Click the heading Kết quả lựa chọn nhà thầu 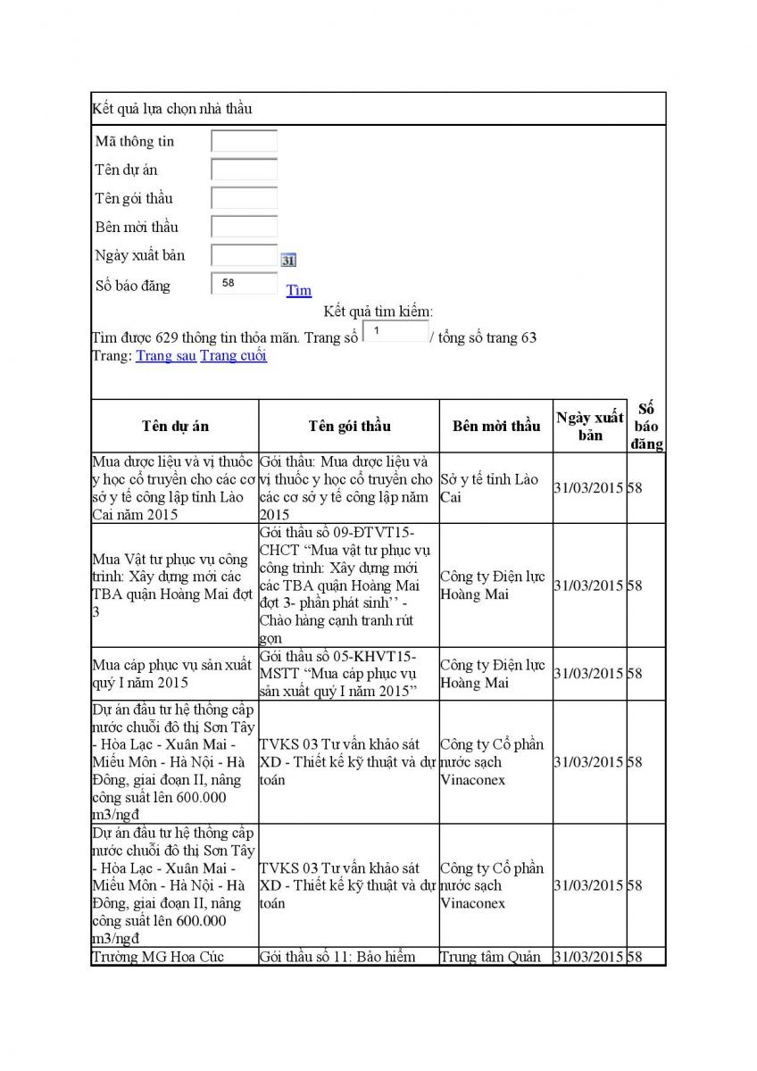click(x=172, y=109)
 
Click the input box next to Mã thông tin click(x=244, y=141)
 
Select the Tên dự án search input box click(x=244, y=170)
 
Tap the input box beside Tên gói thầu click(x=244, y=198)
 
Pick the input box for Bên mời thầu click(x=244, y=227)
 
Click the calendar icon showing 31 click(x=288, y=261)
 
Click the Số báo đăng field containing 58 click(x=244, y=284)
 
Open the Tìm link click(x=299, y=290)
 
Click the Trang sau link click(x=166, y=356)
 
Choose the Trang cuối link click(x=234, y=356)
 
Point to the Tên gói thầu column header click(x=349, y=426)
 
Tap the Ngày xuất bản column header click(x=590, y=426)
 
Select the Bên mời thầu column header click(x=495, y=426)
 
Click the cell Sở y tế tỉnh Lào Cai click(x=490, y=488)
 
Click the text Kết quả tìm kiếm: click(x=378, y=311)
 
